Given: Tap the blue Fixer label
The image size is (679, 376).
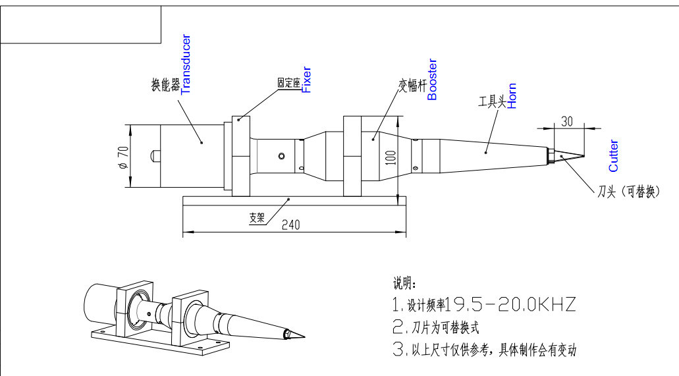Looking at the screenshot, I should (306, 80).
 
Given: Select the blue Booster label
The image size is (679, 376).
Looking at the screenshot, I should (432, 80).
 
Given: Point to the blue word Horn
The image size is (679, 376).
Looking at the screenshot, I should (512, 95).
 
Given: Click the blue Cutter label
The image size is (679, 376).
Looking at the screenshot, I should (613, 156).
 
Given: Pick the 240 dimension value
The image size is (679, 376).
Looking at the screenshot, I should (290, 225).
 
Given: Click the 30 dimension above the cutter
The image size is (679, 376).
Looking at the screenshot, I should (567, 121).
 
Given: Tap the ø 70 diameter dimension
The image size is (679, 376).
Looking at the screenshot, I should (122, 157).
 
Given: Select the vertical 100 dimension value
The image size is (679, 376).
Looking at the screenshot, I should (391, 156).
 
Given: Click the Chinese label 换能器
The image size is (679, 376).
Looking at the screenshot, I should (165, 85).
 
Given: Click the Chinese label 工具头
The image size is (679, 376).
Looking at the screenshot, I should (492, 101).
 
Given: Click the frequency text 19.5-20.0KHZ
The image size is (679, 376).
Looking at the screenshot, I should (511, 305).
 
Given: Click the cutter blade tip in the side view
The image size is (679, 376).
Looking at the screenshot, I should (584, 155).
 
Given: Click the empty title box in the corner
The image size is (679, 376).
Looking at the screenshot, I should (81, 24).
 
